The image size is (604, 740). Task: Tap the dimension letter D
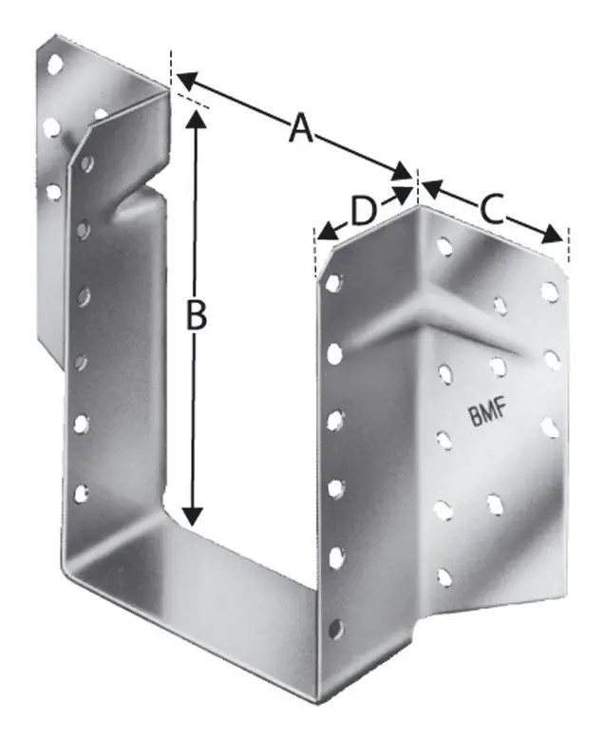click(x=364, y=211)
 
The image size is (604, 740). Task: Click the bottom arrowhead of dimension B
click(x=193, y=517)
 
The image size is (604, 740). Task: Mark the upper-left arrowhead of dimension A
click(x=186, y=80)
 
